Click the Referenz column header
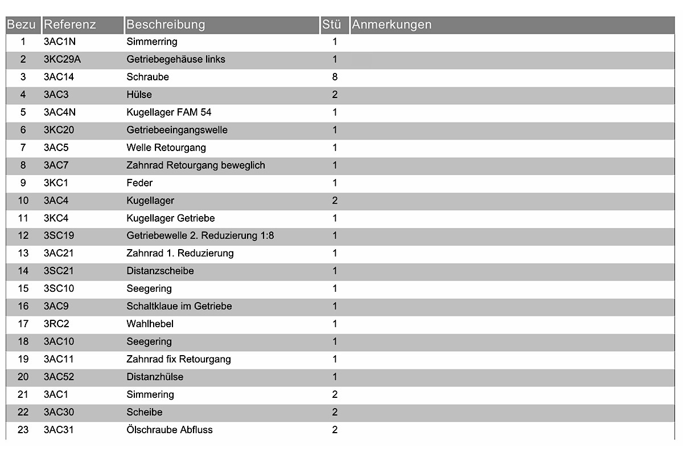pos(70,25)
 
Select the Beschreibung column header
pos(166,25)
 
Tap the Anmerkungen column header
pos(392,25)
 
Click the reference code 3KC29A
pos(62,59)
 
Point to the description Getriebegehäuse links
pos(176,59)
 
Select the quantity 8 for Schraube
pos(335,77)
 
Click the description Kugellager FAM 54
pos(169,112)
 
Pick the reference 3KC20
pos(59,130)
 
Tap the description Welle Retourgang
pos(166,148)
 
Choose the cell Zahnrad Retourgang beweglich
pos(196,165)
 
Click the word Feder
pos(139,183)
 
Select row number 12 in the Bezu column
pos(23,235)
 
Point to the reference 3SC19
pos(59,235)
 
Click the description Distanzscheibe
pos(160,271)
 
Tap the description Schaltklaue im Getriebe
pos(179,306)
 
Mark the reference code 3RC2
pos(56,324)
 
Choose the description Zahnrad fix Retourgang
pos(179,359)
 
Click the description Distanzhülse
pos(155,377)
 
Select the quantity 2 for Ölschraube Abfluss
pos(335,430)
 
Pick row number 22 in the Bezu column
pos(23,412)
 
